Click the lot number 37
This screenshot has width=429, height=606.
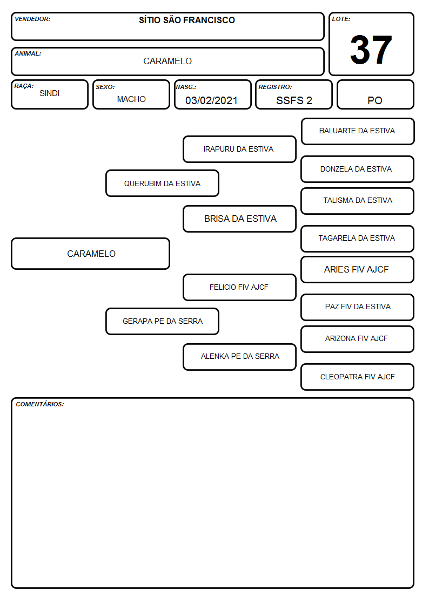371,50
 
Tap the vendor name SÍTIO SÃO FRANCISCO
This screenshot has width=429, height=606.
187,20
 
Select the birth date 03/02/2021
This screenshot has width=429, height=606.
211,100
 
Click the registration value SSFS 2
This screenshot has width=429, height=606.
294,100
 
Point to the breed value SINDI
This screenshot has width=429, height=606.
50,93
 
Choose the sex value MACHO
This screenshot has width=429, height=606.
131,99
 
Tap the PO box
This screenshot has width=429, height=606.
375,94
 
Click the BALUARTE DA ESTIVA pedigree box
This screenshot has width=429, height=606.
358,132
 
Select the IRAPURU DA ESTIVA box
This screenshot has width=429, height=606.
239,149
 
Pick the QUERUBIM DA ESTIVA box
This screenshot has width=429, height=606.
162,183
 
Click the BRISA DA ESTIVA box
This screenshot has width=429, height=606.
239,219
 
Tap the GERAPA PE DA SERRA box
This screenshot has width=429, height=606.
162,321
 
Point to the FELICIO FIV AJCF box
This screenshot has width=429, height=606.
239,287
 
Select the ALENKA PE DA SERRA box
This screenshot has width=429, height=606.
239,357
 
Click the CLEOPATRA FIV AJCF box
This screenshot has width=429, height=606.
358,377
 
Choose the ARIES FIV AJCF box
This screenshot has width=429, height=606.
358,269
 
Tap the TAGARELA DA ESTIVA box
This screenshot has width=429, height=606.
358,239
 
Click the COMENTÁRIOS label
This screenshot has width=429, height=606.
40,404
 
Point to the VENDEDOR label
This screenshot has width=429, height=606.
32,19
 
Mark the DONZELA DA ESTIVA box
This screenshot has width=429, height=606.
358,169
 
